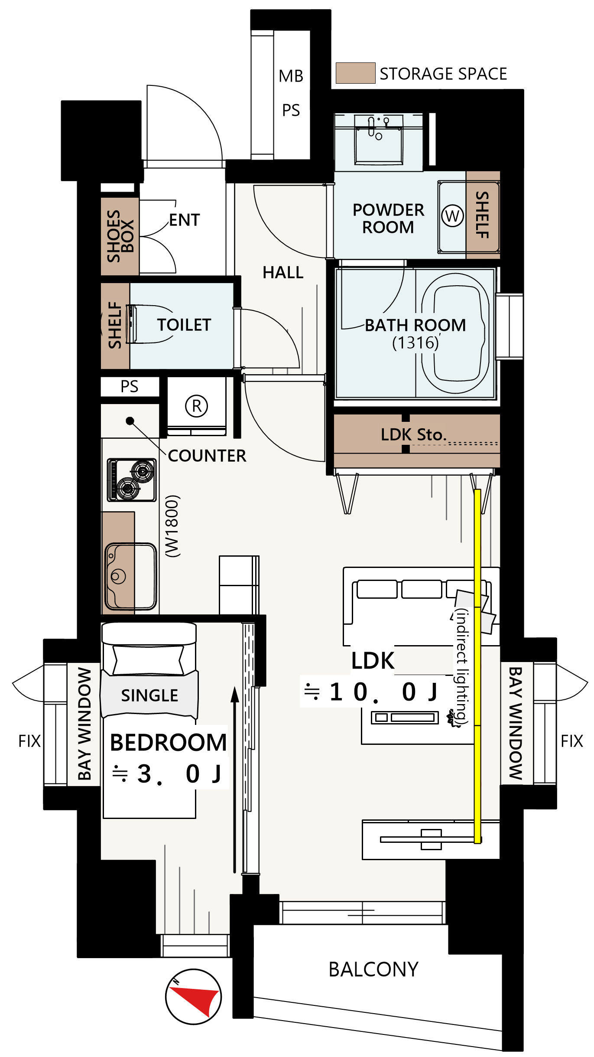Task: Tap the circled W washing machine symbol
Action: click(x=452, y=215)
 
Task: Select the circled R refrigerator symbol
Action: click(x=196, y=406)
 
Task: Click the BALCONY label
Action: click(x=373, y=969)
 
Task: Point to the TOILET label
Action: click(x=184, y=325)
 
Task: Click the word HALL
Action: click(x=283, y=272)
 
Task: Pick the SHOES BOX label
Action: click(x=120, y=236)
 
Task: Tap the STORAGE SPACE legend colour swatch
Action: click(x=355, y=73)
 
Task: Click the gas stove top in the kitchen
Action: click(x=132, y=480)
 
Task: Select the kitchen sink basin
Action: click(x=131, y=576)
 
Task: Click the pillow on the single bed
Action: click(x=148, y=660)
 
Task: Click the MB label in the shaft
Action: click(x=291, y=76)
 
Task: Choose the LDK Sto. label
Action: click(x=413, y=434)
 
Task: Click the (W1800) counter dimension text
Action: click(x=172, y=525)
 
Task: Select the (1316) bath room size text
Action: click(x=415, y=343)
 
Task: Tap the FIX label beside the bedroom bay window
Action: click(x=29, y=741)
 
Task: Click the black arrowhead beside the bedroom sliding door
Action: click(x=235, y=694)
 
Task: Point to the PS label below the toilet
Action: click(x=129, y=386)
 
